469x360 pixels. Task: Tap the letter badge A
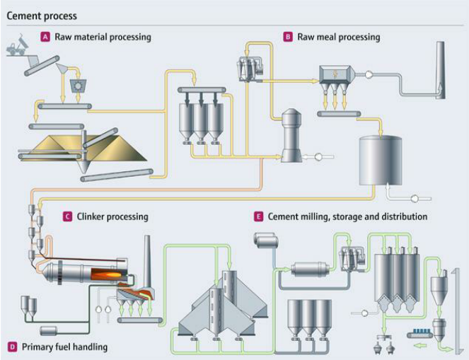point(45,37)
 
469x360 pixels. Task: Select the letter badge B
point(288,37)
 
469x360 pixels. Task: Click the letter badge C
point(67,216)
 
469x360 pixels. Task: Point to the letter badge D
point(12,347)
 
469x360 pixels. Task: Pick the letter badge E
point(258,216)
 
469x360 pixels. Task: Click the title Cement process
point(42,16)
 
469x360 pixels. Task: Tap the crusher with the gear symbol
point(78,86)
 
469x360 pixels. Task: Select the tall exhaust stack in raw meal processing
point(440,70)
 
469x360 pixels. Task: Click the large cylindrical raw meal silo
point(380,161)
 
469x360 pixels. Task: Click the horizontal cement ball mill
point(310,269)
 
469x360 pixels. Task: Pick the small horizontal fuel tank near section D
point(48,331)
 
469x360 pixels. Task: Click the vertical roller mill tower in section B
point(291,136)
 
